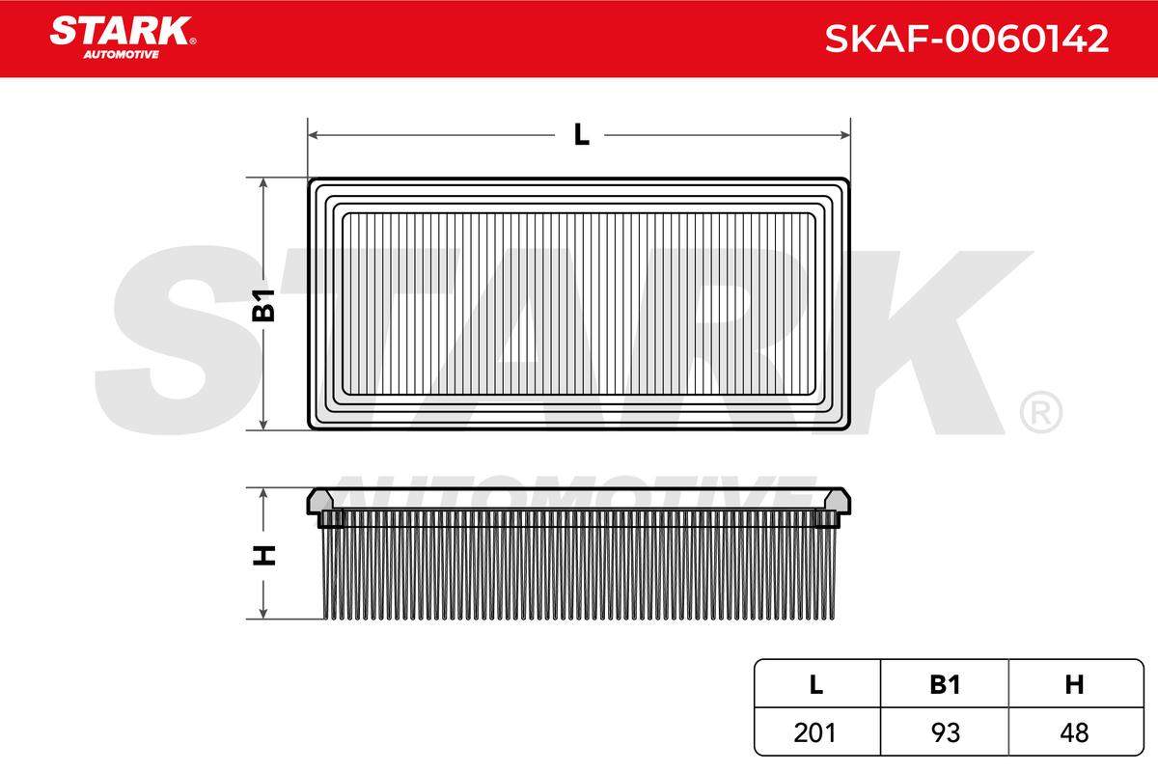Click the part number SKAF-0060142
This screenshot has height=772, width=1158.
tap(966, 39)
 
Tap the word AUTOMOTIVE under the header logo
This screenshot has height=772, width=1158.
tap(121, 54)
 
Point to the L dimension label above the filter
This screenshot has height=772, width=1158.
tap(582, 135)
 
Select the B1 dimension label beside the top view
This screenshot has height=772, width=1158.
tap(263, 306)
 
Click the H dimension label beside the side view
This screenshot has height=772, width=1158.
tap(264, 555)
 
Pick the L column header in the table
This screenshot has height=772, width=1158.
tap(816, 684)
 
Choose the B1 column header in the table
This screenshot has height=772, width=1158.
tap(945, 684)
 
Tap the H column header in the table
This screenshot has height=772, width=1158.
tap(1074, 684)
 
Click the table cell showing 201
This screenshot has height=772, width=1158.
tap(814, 732)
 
